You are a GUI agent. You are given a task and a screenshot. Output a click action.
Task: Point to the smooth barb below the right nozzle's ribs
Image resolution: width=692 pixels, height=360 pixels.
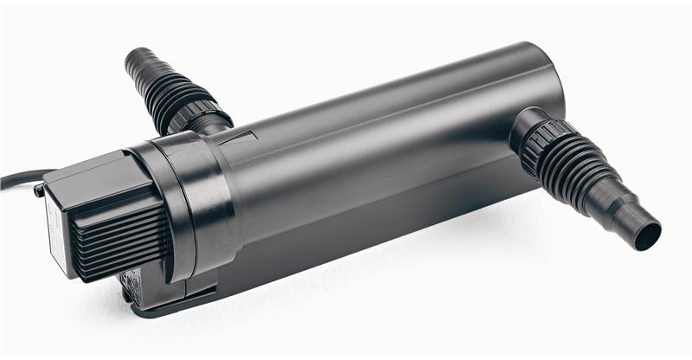tap(627, 216)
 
